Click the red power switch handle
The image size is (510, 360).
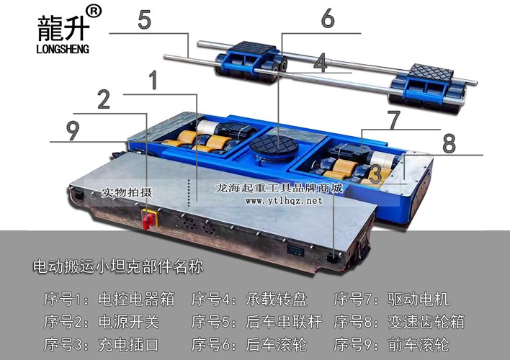148,220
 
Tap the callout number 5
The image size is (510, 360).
144,19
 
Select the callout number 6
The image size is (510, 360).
328,17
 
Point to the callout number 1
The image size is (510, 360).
153,80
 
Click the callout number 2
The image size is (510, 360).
104,99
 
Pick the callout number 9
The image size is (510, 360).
73,131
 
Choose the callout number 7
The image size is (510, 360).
394,120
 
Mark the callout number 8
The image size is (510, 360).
449,143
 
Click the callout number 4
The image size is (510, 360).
321,63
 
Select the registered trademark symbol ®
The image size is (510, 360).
94,12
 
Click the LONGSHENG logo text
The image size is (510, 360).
63,49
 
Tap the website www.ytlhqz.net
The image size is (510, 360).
284,201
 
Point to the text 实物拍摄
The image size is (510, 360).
127,192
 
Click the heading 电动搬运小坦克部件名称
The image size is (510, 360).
118,266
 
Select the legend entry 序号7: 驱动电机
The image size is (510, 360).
392,299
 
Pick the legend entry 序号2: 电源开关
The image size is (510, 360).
102,322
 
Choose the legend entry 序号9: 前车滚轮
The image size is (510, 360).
392,344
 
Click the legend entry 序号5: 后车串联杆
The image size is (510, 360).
257,322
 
